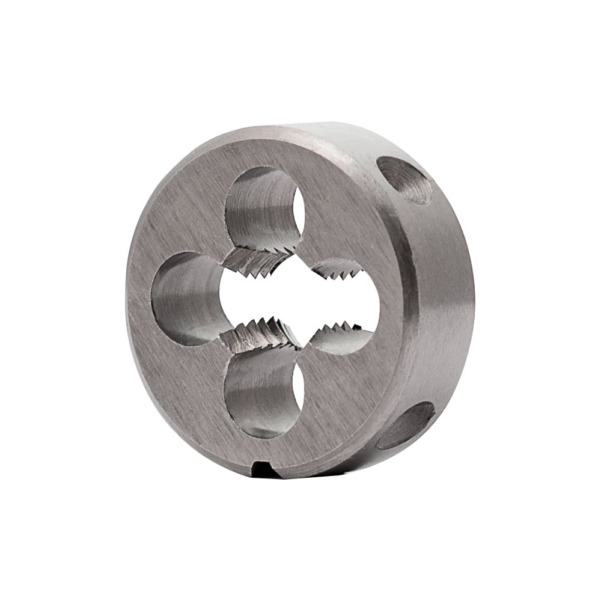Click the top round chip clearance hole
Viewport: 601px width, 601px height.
tap(264, 207)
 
